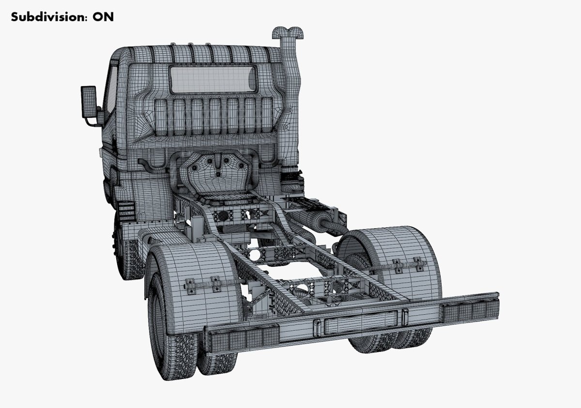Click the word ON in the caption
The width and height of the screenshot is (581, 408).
[x=103, y=17]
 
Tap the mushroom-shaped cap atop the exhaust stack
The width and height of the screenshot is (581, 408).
[x=288, y=33]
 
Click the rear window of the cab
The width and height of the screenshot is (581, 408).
[x=213, y=79]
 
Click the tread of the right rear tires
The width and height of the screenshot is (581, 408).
[x=387, y=341]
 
